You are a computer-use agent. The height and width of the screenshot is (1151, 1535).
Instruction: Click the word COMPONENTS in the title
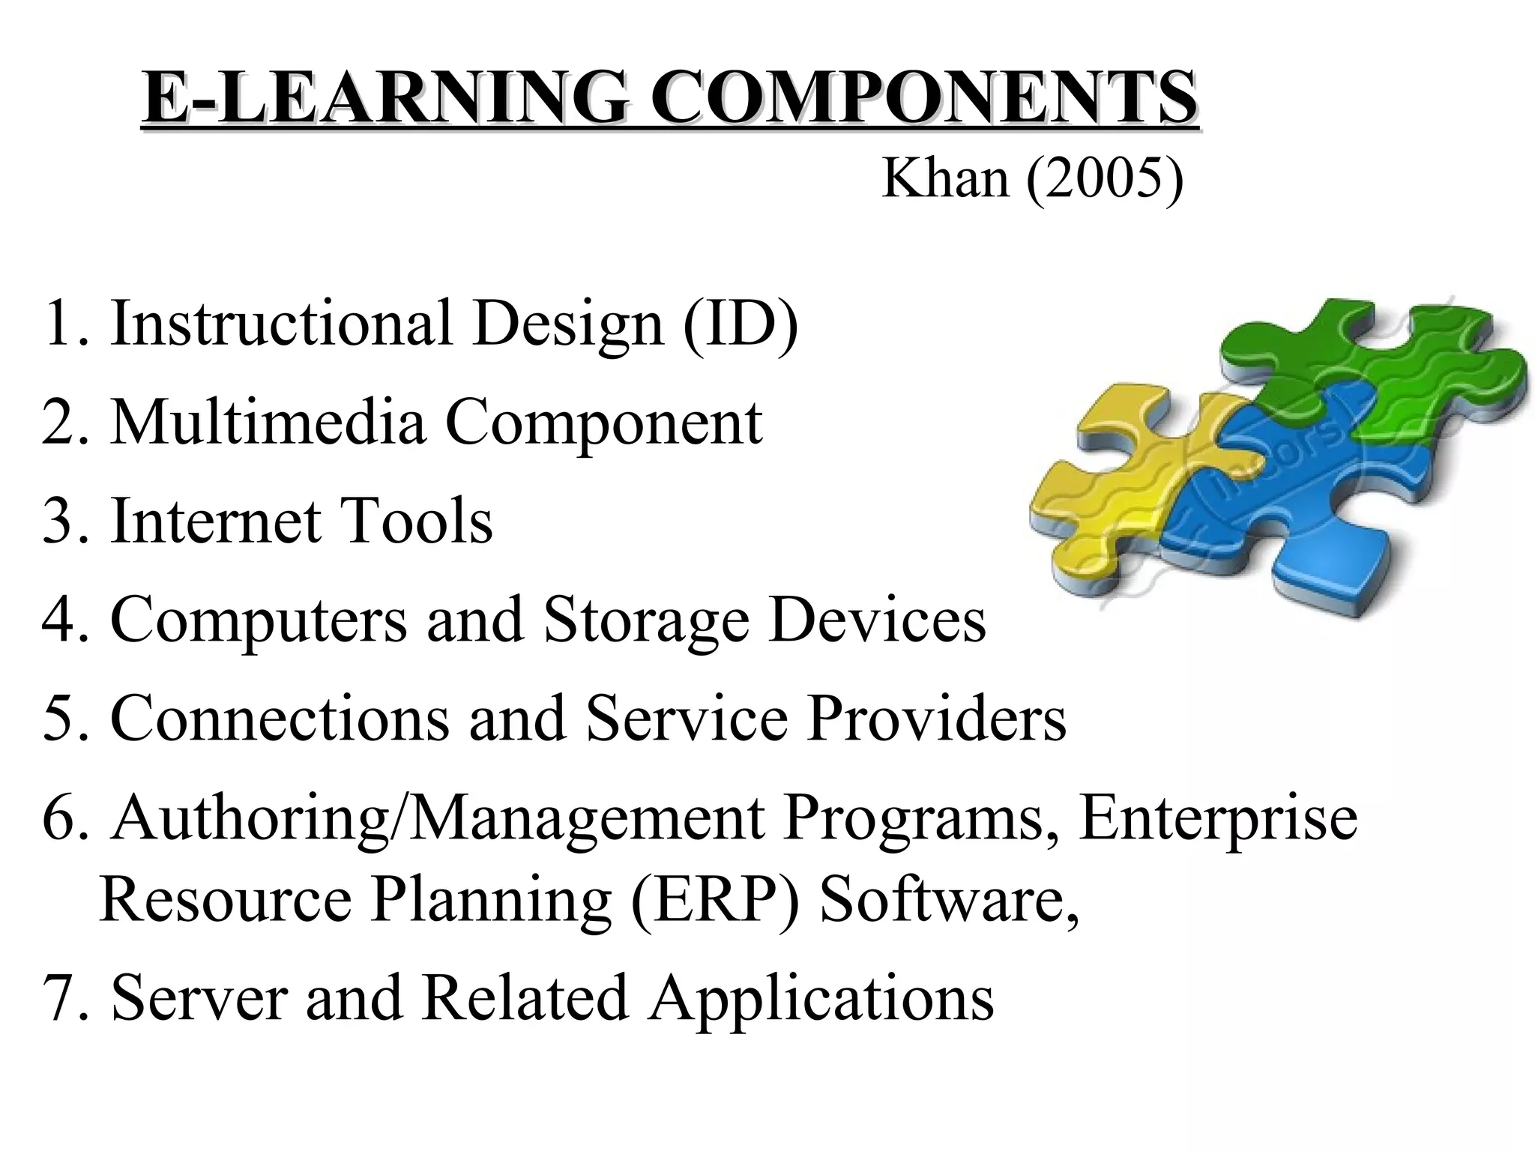(923, 98)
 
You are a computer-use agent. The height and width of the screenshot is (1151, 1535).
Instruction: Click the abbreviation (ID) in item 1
(740, 323)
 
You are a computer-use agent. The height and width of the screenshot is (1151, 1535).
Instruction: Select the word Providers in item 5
(936, 719)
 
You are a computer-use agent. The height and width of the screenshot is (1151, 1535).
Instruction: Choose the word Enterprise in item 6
(1218, 818)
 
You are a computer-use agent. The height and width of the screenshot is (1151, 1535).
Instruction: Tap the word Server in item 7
(199, 998)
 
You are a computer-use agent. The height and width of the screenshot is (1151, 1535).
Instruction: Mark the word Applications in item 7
(821, 998)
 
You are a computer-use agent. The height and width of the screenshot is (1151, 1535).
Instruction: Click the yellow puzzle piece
(1109, 487)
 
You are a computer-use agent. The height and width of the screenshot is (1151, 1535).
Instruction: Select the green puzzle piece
(1387, 367)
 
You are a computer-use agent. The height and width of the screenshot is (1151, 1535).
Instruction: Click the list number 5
(58, 719)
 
